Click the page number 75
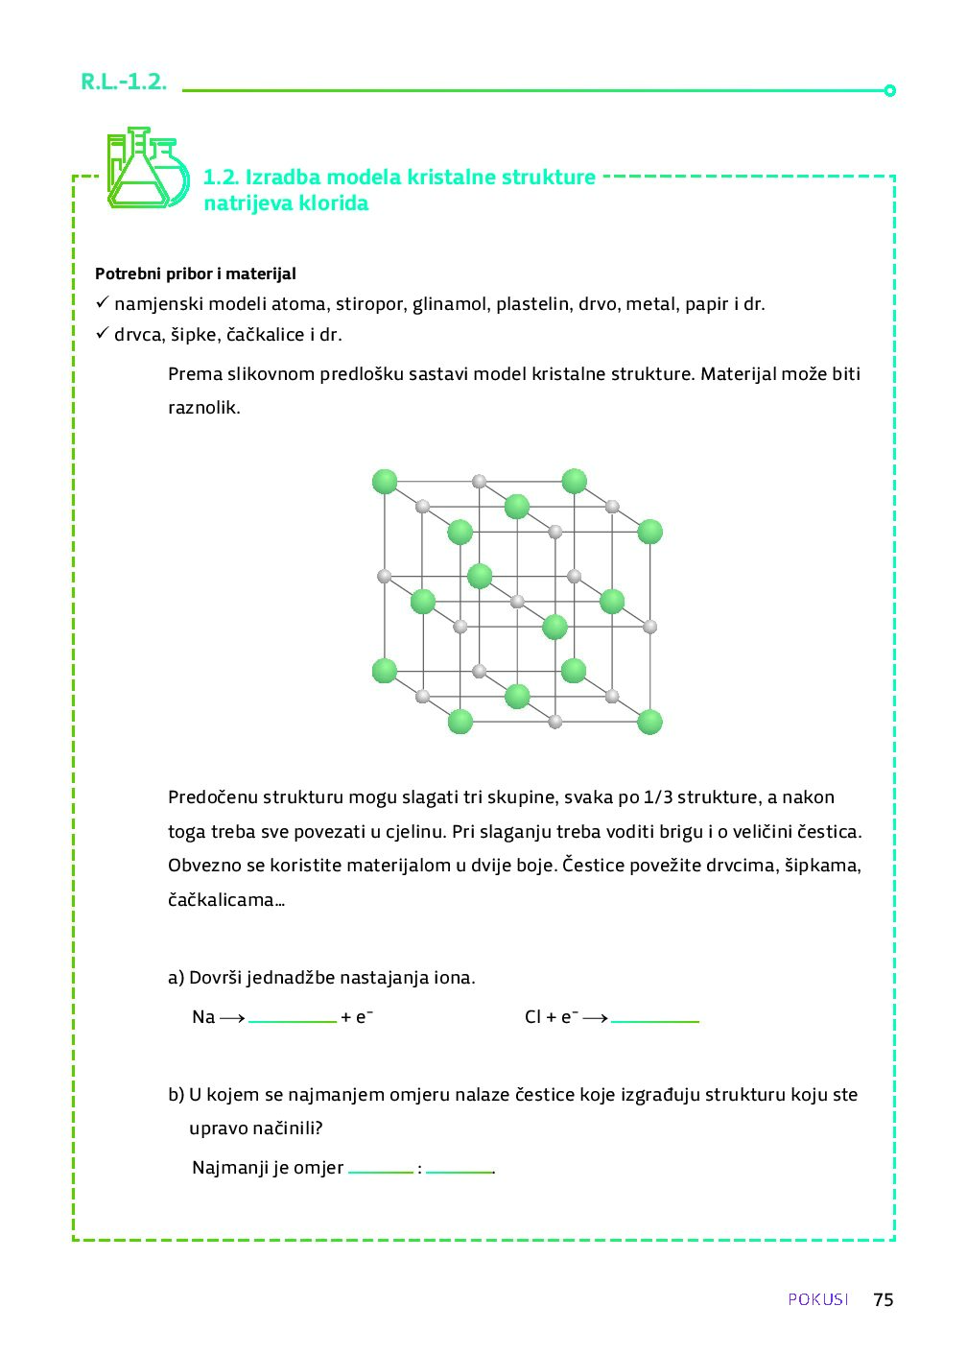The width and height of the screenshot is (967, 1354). (883, 1299)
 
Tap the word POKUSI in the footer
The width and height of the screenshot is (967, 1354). (818, 1299)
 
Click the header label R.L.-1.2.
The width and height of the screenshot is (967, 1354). (124, 83)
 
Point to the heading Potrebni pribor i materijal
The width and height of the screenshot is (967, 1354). (196, 274)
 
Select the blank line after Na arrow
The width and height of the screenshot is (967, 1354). (293, 1019)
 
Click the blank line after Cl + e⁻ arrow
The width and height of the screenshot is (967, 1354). (654, 1019)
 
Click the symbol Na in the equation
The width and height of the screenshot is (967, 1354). (203, 1017)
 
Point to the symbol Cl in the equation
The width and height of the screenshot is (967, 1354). (533, 1017)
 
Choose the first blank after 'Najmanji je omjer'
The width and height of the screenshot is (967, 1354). (381, 1170)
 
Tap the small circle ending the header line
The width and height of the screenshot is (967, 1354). (889, 91)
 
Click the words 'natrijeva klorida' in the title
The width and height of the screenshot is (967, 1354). (286, 203)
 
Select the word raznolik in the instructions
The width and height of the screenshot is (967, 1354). (202, 407)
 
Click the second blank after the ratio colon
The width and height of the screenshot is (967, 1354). (459, 1170)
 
